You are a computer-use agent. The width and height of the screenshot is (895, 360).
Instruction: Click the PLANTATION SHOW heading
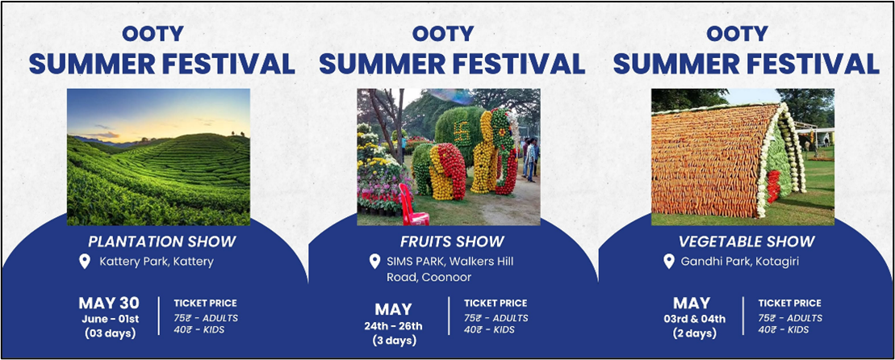pos(161,241)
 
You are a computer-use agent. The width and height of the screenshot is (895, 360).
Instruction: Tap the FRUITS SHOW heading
pos(452,241)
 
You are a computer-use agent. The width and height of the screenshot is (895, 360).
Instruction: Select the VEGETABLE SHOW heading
pos(747,241)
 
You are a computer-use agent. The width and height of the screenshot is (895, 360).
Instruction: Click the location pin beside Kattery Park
pos(85,262)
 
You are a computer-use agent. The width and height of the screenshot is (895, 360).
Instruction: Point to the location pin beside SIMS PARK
pos(374,262)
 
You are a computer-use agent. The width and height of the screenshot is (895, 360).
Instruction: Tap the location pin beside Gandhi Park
pos(668,262)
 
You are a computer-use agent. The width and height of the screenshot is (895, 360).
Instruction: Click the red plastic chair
pos(414,205)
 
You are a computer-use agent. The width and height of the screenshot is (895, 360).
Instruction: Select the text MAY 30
pos(109,303)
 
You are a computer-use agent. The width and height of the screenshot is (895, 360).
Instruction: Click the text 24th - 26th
pos(394,326)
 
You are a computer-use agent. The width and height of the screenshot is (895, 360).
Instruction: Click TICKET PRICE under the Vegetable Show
pos(790,303)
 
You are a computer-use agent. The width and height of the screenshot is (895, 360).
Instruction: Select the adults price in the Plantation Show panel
pos(206,318)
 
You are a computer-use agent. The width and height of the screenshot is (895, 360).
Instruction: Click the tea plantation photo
pos(159,157)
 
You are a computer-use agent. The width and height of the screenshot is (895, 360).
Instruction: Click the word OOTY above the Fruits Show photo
pos(443,34)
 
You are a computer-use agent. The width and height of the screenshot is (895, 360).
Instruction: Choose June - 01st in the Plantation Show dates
pos(109,319)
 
